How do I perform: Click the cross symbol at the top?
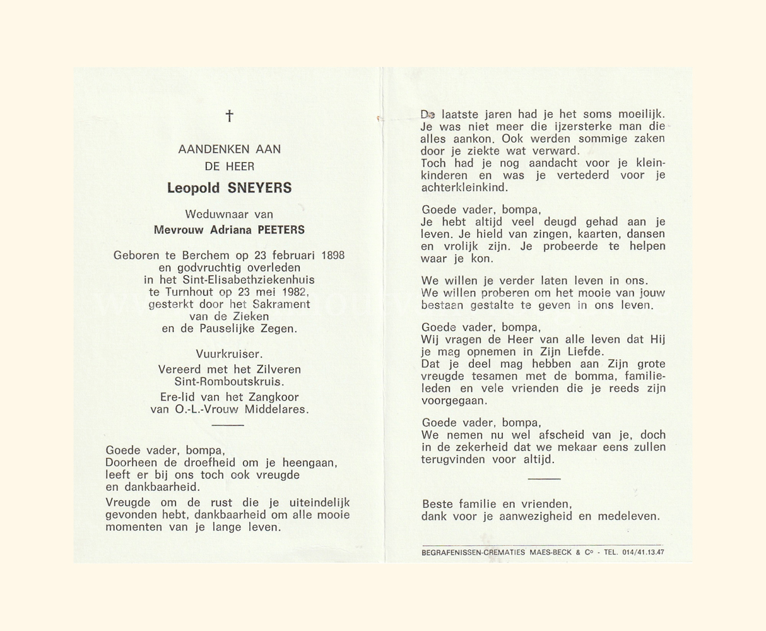coord(229,115)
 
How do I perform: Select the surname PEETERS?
coord(281,230)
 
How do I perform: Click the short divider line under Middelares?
coord(228,425)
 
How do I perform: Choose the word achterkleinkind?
coord(464,187)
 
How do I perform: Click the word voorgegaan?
coord(453,401)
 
